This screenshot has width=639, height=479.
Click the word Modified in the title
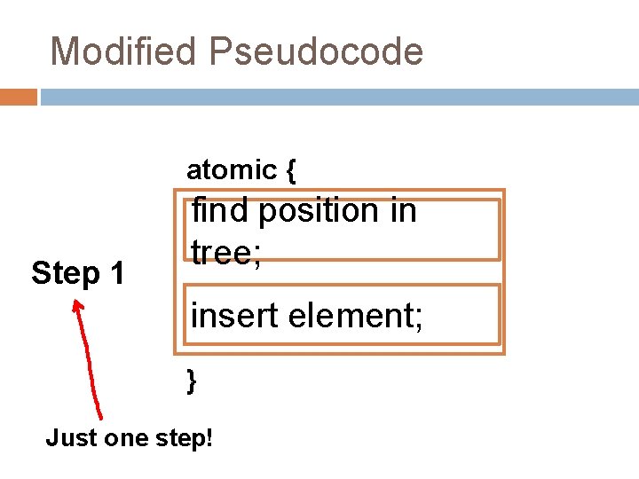click(x=123, y=51)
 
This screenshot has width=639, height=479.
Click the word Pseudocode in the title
click(x=317, y=51)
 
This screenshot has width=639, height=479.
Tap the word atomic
click(x=231, y=169)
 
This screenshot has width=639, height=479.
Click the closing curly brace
click(x=192, y=381)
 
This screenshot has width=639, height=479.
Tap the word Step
click(x=64, y=273)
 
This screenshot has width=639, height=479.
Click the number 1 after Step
click(x=116, y=273)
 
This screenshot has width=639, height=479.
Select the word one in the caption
click(x=126, y=437)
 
